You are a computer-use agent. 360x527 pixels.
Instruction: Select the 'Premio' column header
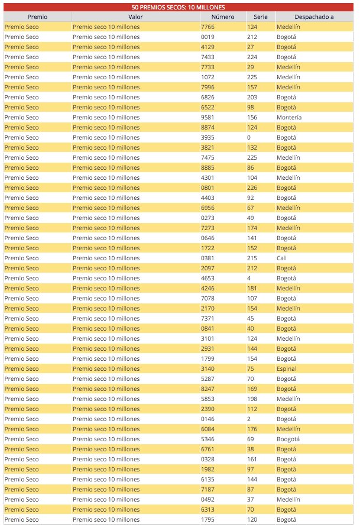(x=37, y=17)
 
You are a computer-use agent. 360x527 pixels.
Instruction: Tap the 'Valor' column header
(x=135, y=17)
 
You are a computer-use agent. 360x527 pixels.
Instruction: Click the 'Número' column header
(x=222, y=17)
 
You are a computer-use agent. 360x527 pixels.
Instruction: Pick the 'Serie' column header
(x=260, y=17)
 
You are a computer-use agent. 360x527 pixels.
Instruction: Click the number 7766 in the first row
(x=207, y=27)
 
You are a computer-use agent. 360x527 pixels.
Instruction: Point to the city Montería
(x=289, y=118)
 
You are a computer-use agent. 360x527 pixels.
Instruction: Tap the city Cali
(x=281, y=258)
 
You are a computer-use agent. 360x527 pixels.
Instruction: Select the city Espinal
(x=287, y=369)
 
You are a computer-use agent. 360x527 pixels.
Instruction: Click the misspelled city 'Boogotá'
(x=288, y=439)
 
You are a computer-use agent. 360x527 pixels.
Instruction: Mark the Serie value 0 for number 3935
(x=249, y=138)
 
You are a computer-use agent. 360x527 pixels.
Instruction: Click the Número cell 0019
(x=207, y=37)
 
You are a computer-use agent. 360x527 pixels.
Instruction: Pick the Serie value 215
(x=252, y=258)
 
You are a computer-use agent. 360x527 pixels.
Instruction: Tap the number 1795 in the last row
(x=207, y=520)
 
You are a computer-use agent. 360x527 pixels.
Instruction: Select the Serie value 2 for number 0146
(x=249, y=419)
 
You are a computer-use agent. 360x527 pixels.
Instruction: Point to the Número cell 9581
(x=207, y=118)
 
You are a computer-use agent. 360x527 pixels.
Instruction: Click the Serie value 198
(x=252, y=399)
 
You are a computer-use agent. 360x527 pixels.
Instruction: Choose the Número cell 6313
(x=207, y=510)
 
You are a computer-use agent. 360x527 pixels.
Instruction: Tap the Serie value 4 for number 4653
(x=249, y=279)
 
